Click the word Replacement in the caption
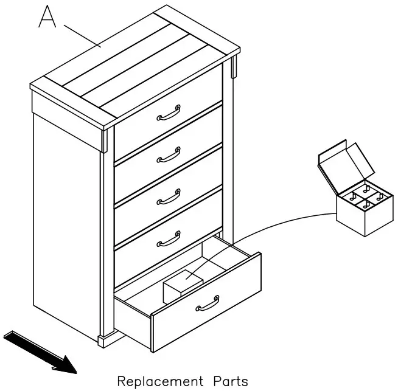(x=160, y=381)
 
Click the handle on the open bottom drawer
(x=208, y=304)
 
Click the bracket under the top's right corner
(x=234, y=66)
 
